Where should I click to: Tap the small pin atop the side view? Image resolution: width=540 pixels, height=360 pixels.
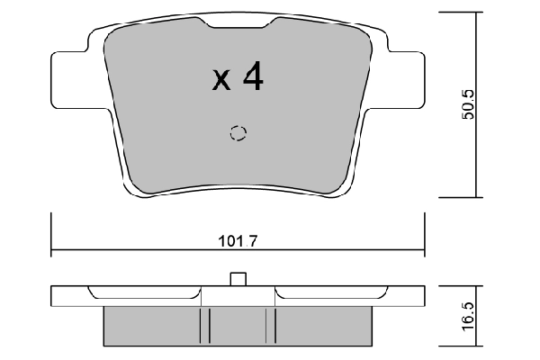click(238, 279)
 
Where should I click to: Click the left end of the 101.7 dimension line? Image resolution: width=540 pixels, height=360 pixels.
click(52, 249)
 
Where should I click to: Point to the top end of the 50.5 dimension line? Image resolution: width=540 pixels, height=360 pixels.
click(476, 13)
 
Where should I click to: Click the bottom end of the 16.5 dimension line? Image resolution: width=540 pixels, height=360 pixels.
click(476, 346)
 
